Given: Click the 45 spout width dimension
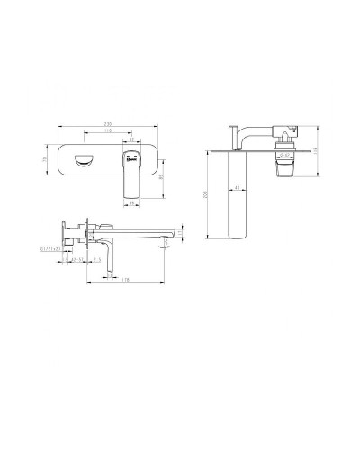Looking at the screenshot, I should click(x=237, y=187).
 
